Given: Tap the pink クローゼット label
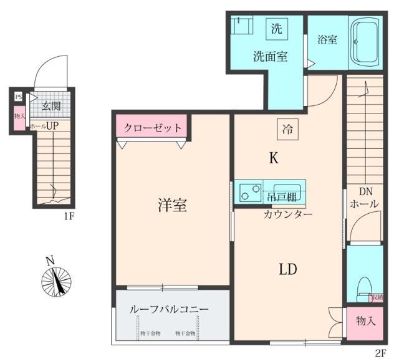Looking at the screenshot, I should pyautogui.click(x=153, y=128).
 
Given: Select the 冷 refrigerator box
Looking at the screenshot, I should pyautogui.click(x=287, y=130).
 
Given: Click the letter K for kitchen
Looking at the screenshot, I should pyautogui.click(x=273, y=159).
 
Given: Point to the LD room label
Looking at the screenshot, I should pyautogui.click(x=287, y=269).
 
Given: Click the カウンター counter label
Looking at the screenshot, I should pyautogui.click(x=287, y=214).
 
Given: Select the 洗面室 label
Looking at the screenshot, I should pyautogui.click(x=269, y=56).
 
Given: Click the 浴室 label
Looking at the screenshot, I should pyautogui.click(x=327, y=40).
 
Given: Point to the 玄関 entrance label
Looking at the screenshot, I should pyautogui.click(x=51, y=106).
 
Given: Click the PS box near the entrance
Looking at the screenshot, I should pyautogui.click(x=19, y=97).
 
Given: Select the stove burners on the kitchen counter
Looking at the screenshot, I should pyautogui.click(x=249, y=192).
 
